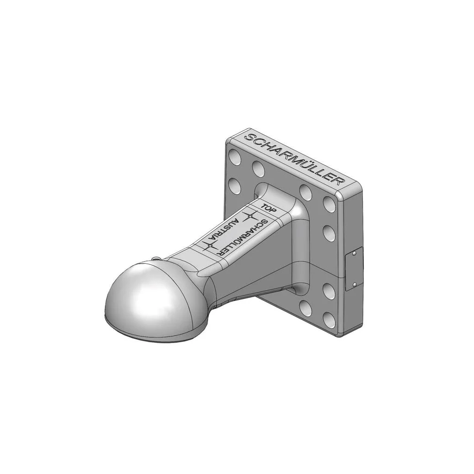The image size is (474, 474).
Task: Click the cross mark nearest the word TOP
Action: tap(250, 216)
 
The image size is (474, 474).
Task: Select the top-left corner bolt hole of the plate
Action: tap(235, 156)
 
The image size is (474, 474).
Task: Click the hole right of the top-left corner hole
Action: tap(258, 169)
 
